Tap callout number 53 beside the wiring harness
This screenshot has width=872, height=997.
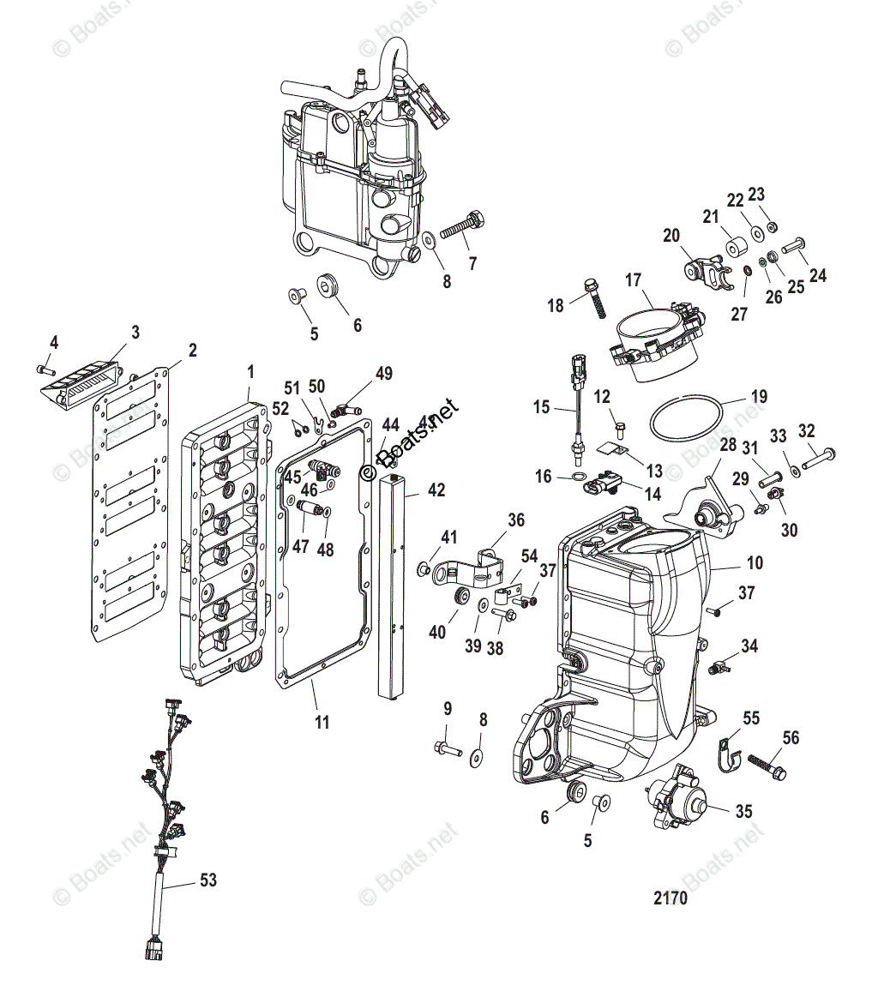(x=207, y=880)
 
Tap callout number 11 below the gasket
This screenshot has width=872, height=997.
(x=321, y=722)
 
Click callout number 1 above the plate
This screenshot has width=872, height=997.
(x=250, y=371)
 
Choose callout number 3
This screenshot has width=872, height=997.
(x=135, y=332)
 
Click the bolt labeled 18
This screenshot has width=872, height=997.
(x=593, y=296)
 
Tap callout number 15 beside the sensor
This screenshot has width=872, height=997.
(x=541, y=407)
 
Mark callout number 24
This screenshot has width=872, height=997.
(x=817, y=275)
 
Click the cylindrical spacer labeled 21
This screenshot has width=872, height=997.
(x=734, y=249)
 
